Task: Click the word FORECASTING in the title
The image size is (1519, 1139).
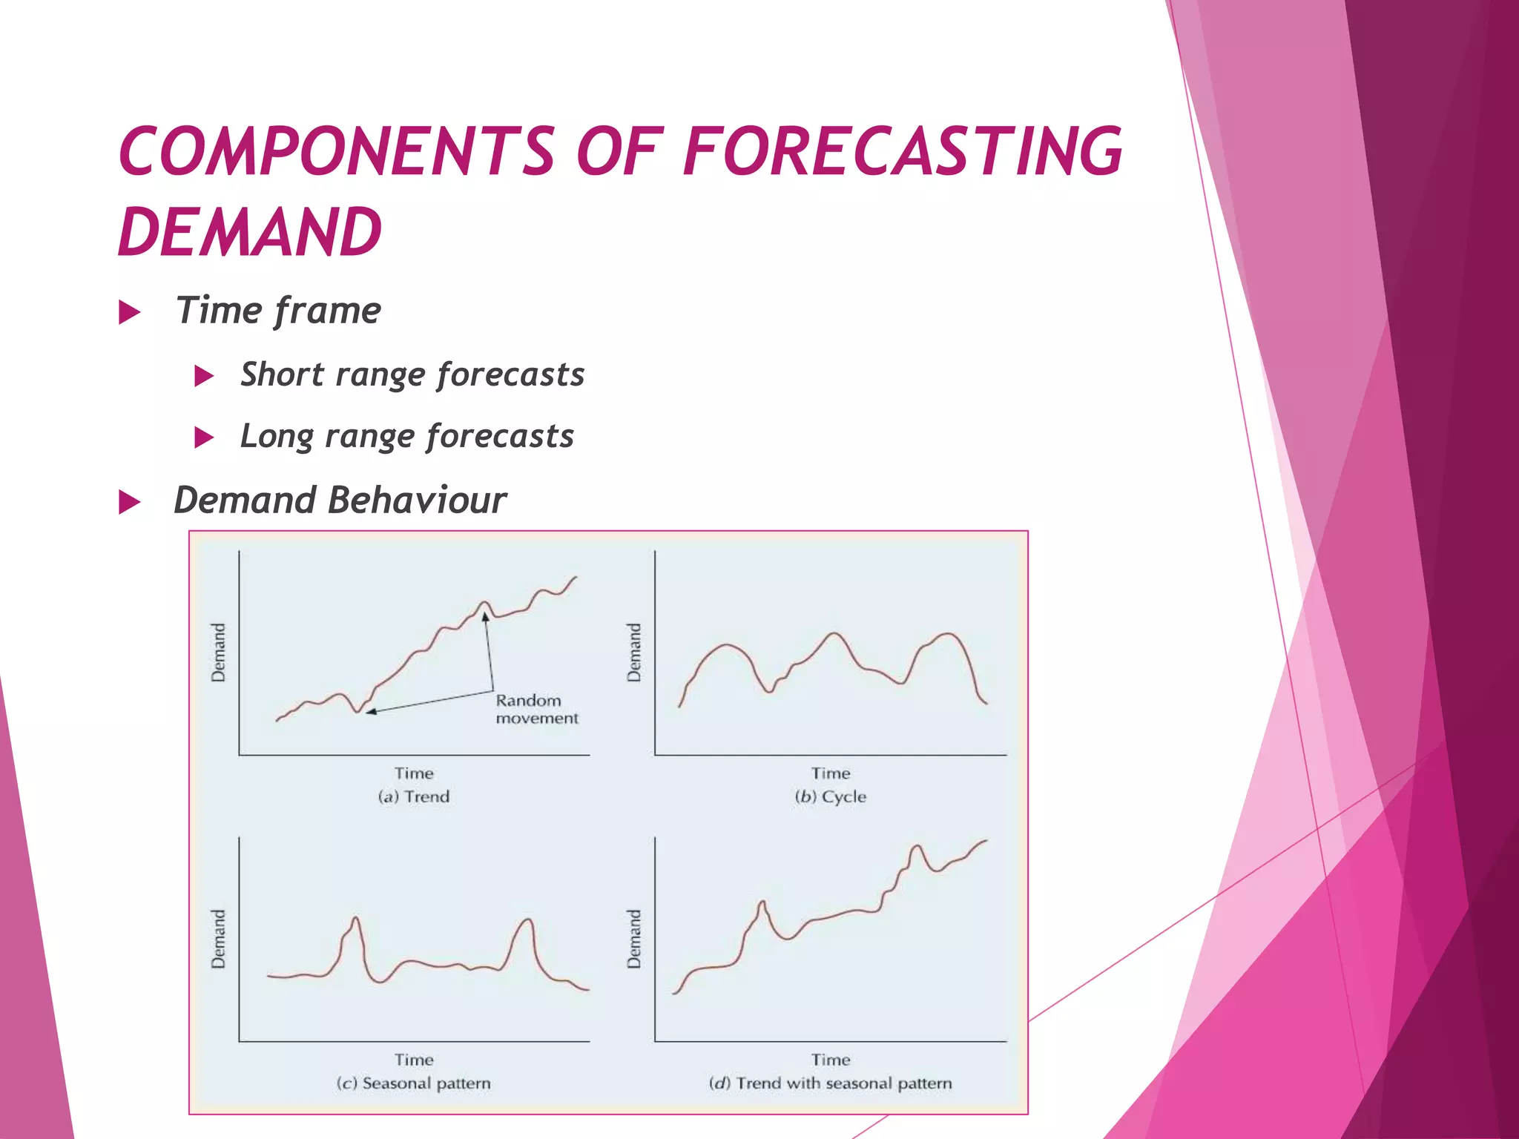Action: (x=901, y=151)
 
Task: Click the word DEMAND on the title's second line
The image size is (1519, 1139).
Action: (x=250, y=232)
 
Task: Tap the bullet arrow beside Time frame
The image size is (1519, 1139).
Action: (x=130, y=312)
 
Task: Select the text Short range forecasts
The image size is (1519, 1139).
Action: (x=412, y=374)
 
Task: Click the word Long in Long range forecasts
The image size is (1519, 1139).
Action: (x=276, y=437)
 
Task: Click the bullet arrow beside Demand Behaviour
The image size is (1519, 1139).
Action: (x=130, y=502)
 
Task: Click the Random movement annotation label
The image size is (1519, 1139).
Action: (x=536, y=709)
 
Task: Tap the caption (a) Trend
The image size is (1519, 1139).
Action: (x=414, y=796)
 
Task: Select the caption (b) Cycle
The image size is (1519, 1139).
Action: (x=830, y=796)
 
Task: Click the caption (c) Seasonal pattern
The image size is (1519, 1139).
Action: (x=414, y=1083)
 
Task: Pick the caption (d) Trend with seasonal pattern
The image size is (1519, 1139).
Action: (x=830, y=1083)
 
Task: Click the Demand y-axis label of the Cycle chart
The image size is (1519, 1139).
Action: (x=634, y=653)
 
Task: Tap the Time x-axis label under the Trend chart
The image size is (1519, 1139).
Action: (x=414, y=773)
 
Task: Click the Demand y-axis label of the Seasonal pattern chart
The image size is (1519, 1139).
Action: (x=218, y=939)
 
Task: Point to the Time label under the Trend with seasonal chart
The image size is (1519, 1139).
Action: (x=830, y=1060)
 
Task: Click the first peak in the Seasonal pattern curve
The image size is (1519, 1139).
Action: (x=356, y=920)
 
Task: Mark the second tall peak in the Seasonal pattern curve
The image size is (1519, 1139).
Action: (x=527, y=920)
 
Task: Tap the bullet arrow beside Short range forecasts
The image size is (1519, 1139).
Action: (x=204, y=376)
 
